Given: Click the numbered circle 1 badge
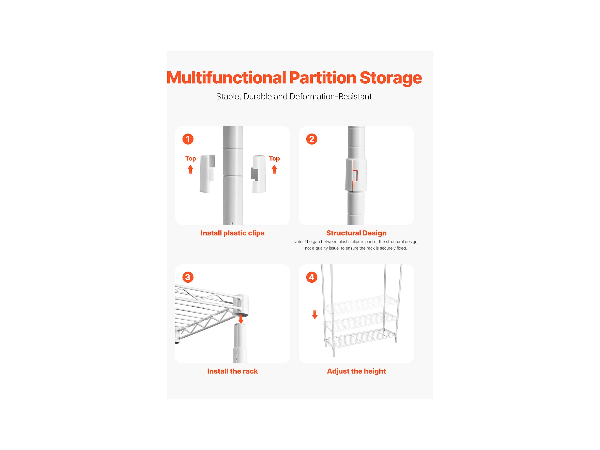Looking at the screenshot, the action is pos(188,139).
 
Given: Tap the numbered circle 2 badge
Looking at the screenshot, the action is pos(312,139).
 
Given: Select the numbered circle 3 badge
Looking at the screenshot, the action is pos(188,277).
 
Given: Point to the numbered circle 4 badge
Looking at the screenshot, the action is pos(312,277).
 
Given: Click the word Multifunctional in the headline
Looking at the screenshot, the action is pos(226,78).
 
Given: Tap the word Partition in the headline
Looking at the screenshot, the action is pos(323,78).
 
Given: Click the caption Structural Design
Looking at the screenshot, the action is pos(356,233).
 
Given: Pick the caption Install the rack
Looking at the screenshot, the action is pos(232,371).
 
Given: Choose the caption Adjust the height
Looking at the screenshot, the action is pos(356,371).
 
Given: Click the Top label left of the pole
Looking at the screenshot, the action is pos(190,159).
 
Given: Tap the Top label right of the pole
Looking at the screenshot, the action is pos(274,159).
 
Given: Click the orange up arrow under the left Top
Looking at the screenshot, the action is pos(190,170).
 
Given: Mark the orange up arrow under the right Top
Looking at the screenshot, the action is pos(274,170).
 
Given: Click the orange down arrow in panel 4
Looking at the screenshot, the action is pos(315,315).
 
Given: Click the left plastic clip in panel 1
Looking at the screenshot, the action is pos(207,174).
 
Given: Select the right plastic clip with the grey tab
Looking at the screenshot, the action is pos(258,174).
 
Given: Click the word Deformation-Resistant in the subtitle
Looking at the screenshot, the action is pos(331,97).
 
